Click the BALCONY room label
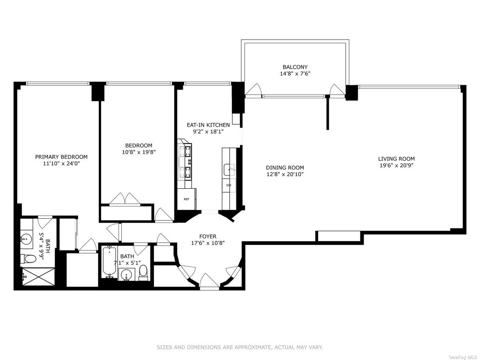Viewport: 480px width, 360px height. point(295,67)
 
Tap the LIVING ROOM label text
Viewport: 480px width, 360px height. point(396,159)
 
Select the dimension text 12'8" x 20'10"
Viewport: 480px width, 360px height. point(285,174)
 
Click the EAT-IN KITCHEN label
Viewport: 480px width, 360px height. point(208,125)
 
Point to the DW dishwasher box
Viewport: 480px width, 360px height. point(229,185)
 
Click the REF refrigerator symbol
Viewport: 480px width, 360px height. point(186,199)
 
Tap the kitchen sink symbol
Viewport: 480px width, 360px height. point(229,170)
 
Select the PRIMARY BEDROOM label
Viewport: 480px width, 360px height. point(61,157)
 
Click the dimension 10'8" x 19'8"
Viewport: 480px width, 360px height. point(139,152)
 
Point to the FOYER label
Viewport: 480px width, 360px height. point(208,236)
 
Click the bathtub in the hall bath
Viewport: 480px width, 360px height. point(109,262)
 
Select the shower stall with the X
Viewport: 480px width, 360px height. point(38,276)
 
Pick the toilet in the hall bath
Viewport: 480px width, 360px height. point(144,273)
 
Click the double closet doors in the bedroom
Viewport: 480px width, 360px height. point(125,199)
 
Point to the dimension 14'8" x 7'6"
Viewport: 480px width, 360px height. point(295,74)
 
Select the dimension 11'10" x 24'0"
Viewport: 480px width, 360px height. point(62,163)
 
